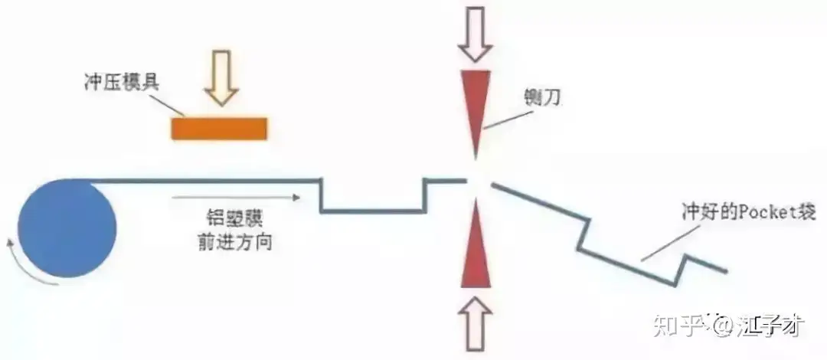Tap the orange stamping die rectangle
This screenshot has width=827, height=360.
point(218,128)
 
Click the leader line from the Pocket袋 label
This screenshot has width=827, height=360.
point(666,243)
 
